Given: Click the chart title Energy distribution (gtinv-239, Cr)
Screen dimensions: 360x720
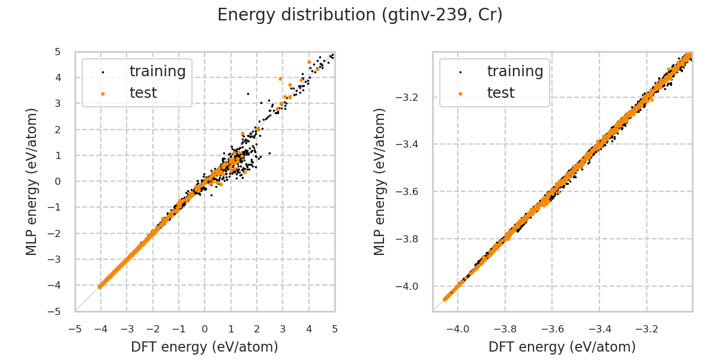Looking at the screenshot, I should point(360,15).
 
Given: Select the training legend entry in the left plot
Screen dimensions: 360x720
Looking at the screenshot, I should point(157,71).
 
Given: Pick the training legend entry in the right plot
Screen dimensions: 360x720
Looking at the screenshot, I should point(515,71).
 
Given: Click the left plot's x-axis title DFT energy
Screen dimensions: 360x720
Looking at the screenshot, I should point(205,347).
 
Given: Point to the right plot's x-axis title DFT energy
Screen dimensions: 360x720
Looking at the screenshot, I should point(562,347).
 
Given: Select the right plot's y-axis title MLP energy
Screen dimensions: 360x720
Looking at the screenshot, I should point(380,182).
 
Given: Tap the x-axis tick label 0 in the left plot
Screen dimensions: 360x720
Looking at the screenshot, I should point(205,329).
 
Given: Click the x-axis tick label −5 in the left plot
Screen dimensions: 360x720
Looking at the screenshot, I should point(75,329).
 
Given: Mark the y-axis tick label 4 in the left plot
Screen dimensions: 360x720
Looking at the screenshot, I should point(58,77).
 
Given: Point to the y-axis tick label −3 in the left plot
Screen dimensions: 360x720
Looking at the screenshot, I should point(55,259).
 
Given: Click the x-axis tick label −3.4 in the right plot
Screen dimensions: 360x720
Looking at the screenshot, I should point(599,329).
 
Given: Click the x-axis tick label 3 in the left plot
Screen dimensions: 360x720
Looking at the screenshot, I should point(283,329).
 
